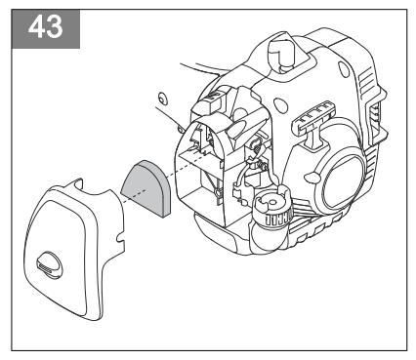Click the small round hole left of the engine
(163, 97)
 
